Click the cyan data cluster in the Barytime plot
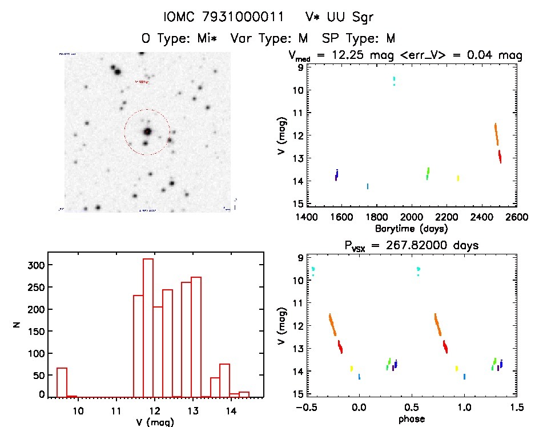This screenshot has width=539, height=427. tap(394, 81)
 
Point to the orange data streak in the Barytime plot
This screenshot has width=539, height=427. tap(497, 134)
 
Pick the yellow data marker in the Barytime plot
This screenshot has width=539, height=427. tap(458, 178)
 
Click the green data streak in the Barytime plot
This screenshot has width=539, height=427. tap(428, 173)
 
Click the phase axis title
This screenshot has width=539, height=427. tap(412, 418)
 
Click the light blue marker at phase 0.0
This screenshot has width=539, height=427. tap(359, 377)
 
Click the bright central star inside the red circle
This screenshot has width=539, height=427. tap(147, 131)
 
